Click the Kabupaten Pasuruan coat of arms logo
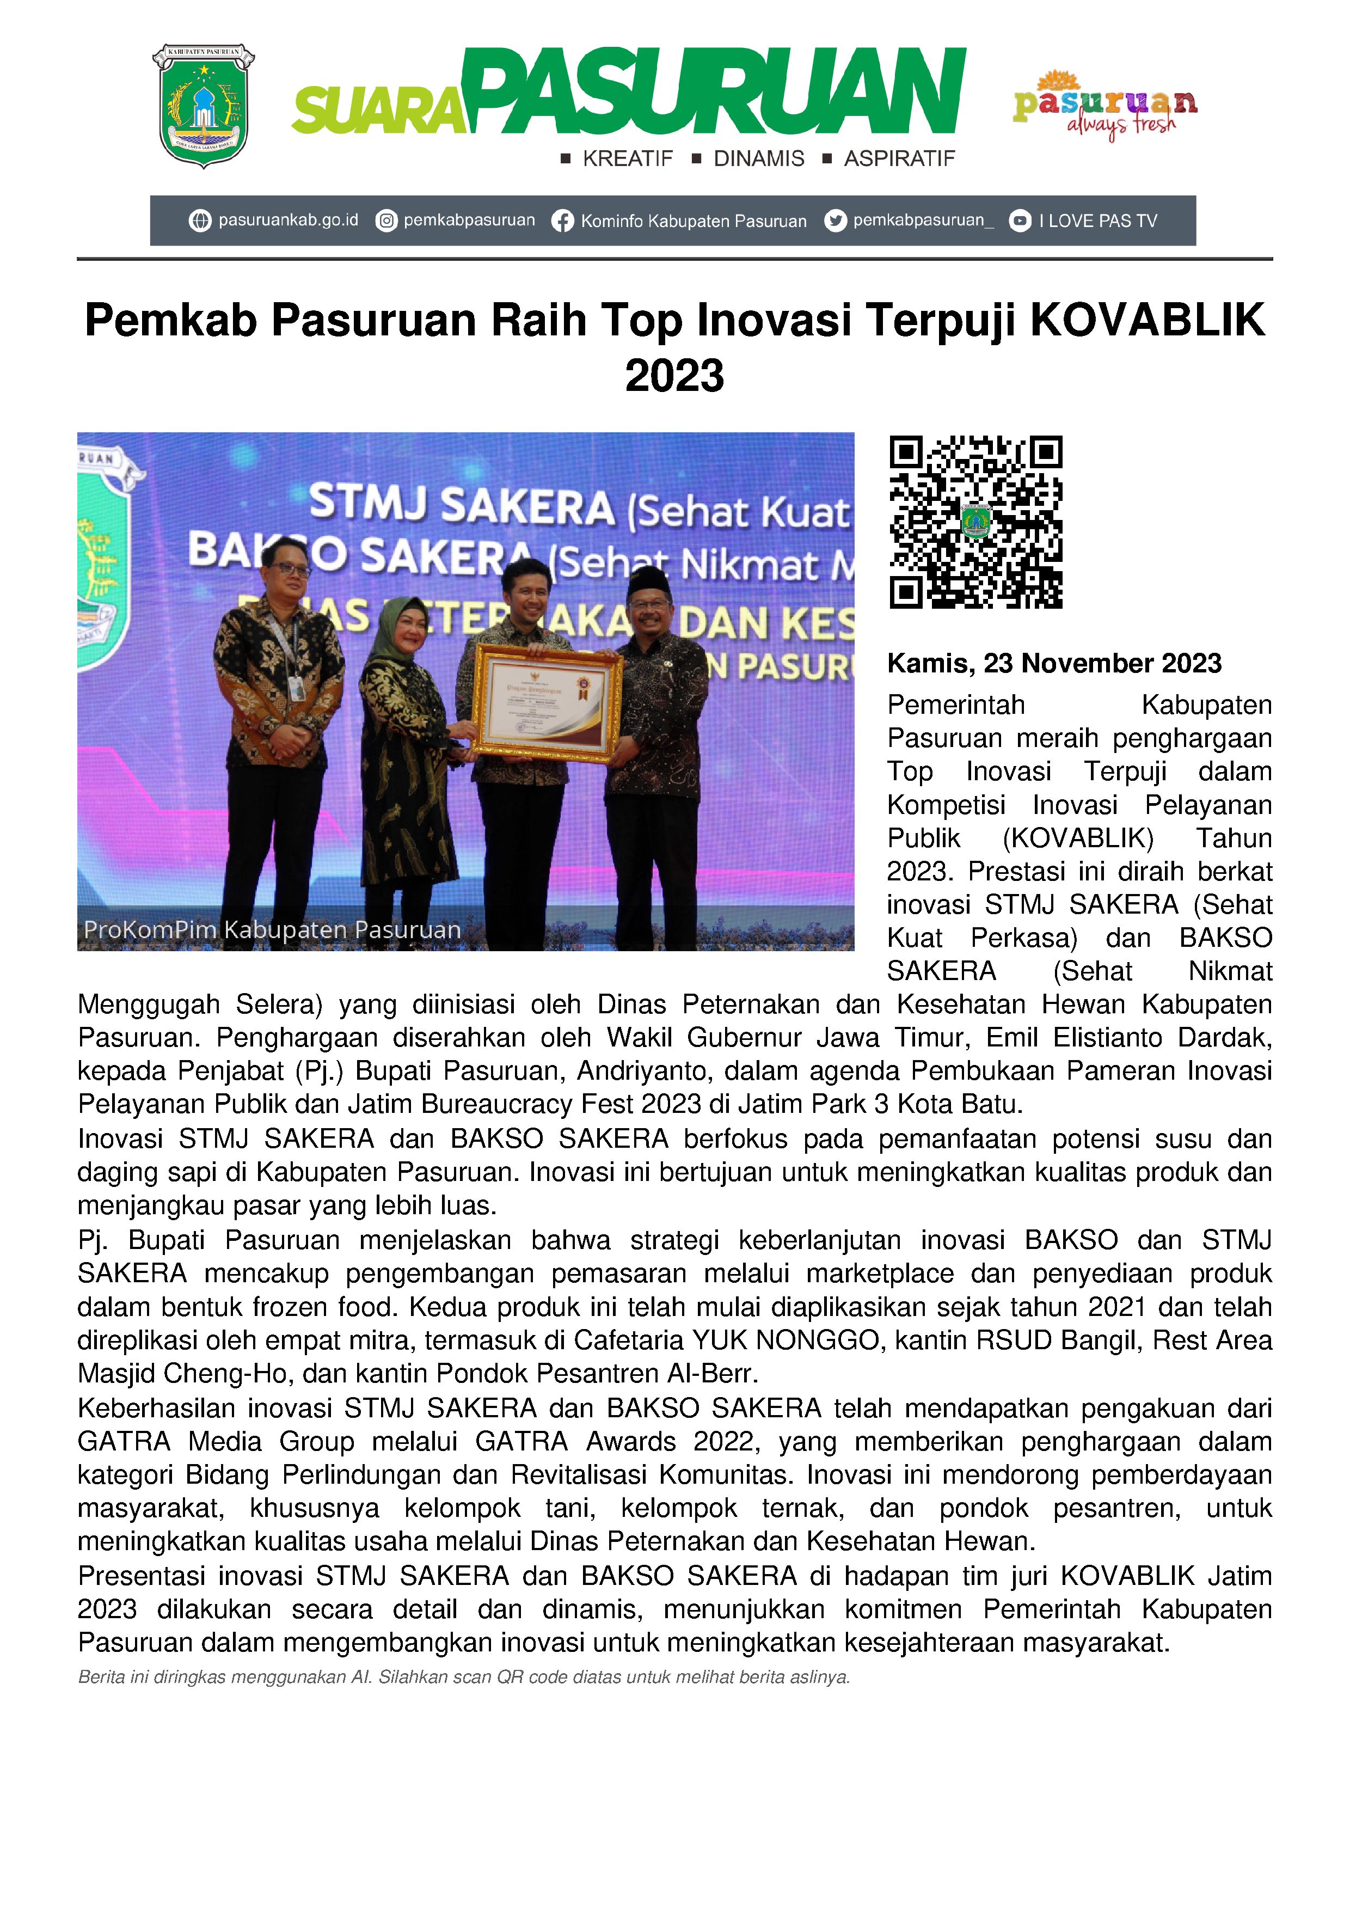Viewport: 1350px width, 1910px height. tap(203, 106)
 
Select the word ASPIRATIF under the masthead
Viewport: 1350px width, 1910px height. tap(899, 159)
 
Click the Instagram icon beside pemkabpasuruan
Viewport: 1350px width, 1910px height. tap(386, 221)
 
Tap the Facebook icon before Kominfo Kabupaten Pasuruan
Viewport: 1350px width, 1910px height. tap(563, 221)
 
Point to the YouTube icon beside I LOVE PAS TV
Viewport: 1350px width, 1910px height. tap(1020, 221)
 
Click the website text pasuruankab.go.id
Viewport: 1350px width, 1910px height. tap(288, 221)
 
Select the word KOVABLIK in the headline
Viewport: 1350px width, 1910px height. tap(1148, 320)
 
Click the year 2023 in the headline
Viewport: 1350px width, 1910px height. tap(674, 376)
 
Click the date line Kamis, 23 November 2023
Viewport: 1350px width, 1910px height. tap(1054, 663)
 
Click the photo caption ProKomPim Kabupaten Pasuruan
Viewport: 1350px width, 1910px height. tap(273, 929)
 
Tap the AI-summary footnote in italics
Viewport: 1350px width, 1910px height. tap(463, 1677)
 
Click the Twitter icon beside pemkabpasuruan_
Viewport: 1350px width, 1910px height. tap(835, 221)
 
